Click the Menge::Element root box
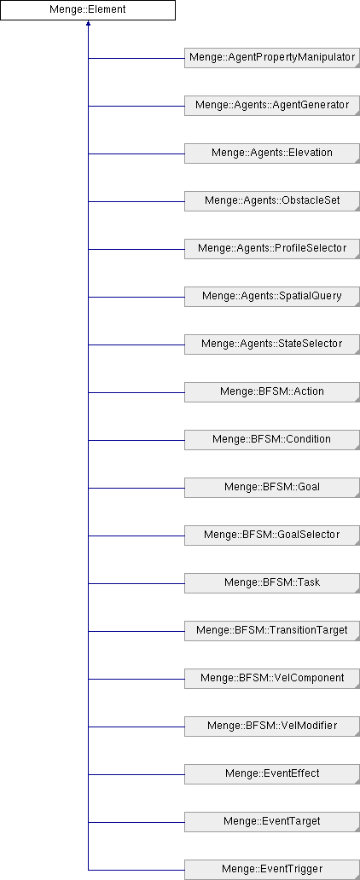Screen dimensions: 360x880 click(x=88, y=10)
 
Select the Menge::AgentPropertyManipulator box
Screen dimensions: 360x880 click(x=272, y=58)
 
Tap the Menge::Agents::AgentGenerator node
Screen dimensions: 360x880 click(x=272, y=106)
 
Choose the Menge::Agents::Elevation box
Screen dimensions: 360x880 click(x=272, y=153)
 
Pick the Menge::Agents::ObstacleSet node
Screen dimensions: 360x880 click(x=272, y=201)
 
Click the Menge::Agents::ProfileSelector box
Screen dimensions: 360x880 click(x=272, y=249)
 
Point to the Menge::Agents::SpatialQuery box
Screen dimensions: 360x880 click(x=272, y=297)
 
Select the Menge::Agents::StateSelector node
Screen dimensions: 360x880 click(x=272, y=344)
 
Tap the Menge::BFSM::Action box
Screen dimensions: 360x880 click(x=272, y=391)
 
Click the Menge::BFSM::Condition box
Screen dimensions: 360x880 click(x=272, y=439)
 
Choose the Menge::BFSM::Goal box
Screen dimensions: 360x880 click(x=272, y=487)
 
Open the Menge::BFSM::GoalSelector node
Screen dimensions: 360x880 click(x=272, y=535)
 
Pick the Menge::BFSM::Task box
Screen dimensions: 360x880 click(x=272, y=582)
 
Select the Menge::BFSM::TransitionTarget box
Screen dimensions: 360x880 click(x=272, y=630)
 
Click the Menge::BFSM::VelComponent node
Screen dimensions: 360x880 click(x=272, y=678)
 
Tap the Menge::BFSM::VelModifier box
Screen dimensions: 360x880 click(x=272, y=726)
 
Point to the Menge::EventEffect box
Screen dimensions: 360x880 click(x=272, y=773)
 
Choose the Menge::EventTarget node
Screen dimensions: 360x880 click(x=272, y=821)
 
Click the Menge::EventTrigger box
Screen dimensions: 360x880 click(x=272, y=869)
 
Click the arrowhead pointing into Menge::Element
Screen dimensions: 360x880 click(x=88, y=24)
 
